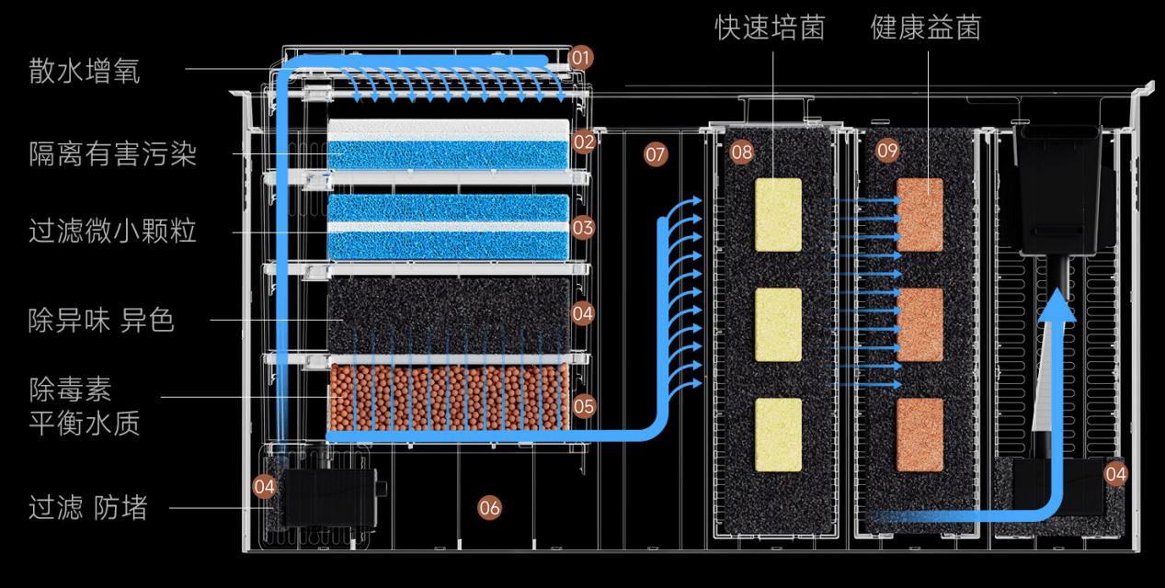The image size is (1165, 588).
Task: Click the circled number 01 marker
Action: point(580,58)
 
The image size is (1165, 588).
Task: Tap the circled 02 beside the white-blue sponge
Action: point(584,141)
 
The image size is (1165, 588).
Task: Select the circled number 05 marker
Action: point(584,406)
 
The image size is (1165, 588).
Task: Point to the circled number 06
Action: point(489,508)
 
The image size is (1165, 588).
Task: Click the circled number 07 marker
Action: point(655,154)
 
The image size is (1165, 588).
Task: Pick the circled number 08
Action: point(741,153)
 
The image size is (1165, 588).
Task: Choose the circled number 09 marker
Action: point(887,151)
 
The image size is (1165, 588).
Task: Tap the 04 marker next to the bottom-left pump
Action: point(264,487)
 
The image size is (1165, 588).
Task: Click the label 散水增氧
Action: point(85,71)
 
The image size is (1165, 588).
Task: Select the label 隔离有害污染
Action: point(113,153)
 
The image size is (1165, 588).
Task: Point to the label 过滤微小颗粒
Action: point(112,231)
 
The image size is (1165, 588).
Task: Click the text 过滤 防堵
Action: point(88,507)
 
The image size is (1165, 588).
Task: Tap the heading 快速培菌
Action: point(771,27)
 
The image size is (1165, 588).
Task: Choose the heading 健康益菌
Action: point(926,27)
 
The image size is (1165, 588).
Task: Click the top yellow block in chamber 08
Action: point(778,215)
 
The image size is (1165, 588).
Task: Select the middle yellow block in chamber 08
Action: point(778,325)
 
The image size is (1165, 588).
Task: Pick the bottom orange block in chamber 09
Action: point(919,435)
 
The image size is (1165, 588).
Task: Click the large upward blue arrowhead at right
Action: point(1056,307)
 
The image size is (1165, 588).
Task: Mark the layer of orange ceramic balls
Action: point(450,397)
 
